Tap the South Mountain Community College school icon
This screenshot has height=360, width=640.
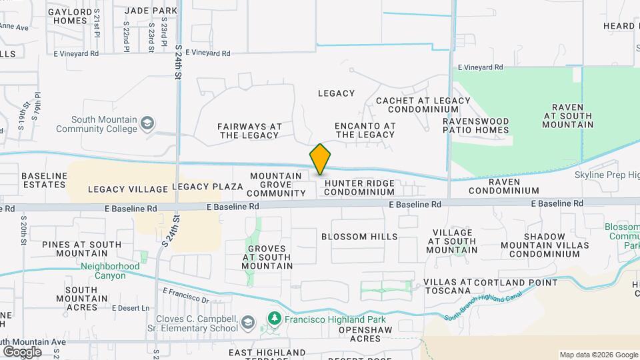point(147,123)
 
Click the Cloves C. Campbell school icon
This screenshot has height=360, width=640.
point(248,323)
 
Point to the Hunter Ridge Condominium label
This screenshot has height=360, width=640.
point(359,187)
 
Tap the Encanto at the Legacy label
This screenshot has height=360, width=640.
point(365,130)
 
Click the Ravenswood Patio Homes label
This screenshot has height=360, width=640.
point(476,125)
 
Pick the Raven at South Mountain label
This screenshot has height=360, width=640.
point(568,116)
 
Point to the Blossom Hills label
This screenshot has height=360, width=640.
point(359,237)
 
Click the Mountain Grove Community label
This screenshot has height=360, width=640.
point(277,185)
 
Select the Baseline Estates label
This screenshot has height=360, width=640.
point(45,180)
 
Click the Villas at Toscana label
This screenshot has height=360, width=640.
point(447,287)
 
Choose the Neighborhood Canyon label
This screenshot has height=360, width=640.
point(111,271)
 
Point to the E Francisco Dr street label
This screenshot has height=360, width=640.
point(186,294)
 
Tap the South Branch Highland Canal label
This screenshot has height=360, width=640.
point(485,305)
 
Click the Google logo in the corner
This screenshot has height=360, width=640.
point(22,351)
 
